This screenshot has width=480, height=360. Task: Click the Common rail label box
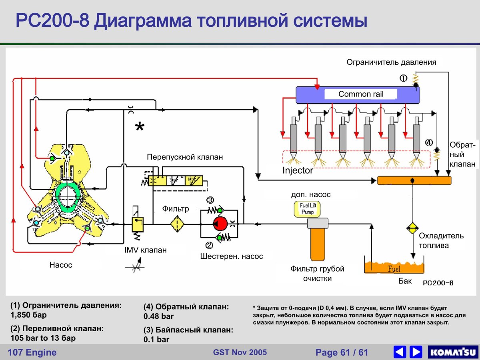click(361, 94)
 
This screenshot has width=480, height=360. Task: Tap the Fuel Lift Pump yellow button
click(307, 208)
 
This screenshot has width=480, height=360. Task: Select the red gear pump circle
click(220, 224)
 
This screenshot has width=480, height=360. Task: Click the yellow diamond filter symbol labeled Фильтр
click(177, 224)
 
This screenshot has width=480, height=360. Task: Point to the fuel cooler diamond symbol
click(412, 228)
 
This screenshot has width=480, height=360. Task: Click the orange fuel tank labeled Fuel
click(394, 267)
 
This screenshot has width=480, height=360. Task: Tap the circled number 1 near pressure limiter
click(404, 78)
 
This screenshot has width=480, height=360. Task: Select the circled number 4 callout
click(429, 143)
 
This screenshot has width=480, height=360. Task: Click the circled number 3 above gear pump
click(210, 200)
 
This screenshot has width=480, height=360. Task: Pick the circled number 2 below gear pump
click(209, 246)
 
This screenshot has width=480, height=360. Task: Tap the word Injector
click(298, 170)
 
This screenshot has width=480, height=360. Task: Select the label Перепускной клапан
click(184, 158)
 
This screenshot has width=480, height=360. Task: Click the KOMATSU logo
click(452, 352)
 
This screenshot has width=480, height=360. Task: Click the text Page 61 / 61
click(342, 352)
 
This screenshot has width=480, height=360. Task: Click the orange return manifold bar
click(414, 180)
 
